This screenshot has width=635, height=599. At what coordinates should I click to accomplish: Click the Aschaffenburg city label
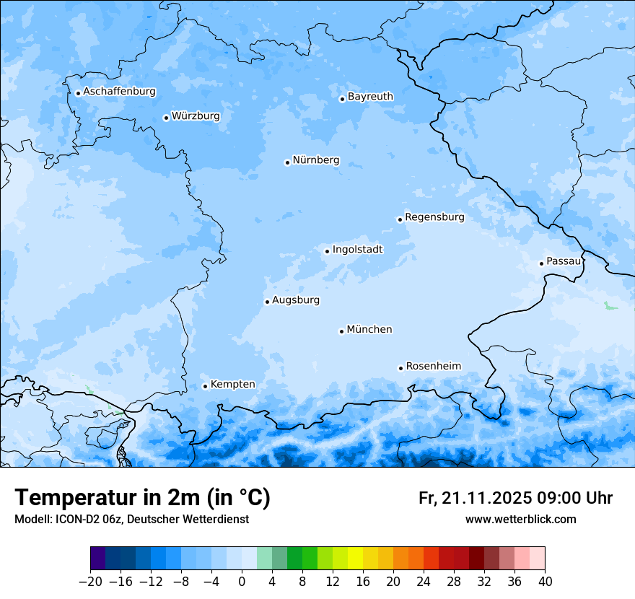(x=119, y=92)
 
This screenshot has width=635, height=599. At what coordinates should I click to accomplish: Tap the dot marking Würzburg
(x=166, y=118)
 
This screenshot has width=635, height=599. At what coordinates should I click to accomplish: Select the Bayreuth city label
(x=370, y=97)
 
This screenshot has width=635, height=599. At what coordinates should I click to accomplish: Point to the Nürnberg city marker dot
(x=287, y=162)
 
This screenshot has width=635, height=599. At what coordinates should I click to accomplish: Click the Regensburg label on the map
(x=434, y=217)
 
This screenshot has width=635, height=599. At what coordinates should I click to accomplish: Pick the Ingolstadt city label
(x=357, y=250)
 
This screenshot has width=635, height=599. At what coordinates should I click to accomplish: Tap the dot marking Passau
(x=541, y=263)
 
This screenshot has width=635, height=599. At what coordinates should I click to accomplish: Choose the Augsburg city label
(x=296, y=300)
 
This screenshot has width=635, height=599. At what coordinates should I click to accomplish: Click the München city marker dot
(x=341, y=331)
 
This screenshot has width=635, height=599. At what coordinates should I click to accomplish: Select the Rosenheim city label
(x=433, y=367)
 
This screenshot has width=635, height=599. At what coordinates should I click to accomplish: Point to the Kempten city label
(x=232, y=385)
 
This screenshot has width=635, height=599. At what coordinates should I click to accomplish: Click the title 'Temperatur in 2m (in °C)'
(x=142, y=498)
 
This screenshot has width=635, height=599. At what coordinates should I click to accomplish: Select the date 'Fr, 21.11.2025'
(x=475, y=498)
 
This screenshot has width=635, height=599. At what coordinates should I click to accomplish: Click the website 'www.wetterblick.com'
(x=520, y=520)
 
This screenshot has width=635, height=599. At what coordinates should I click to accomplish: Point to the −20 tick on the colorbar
(x=91, y=582)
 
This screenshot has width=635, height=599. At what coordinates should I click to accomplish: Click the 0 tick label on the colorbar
(x=242, y=582)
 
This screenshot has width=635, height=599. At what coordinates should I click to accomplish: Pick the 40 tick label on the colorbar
(x=545, y=582)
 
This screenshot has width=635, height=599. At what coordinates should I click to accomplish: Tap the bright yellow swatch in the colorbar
(x=355, y=559)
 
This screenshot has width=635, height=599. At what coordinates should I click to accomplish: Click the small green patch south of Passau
(x=610, y=306)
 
